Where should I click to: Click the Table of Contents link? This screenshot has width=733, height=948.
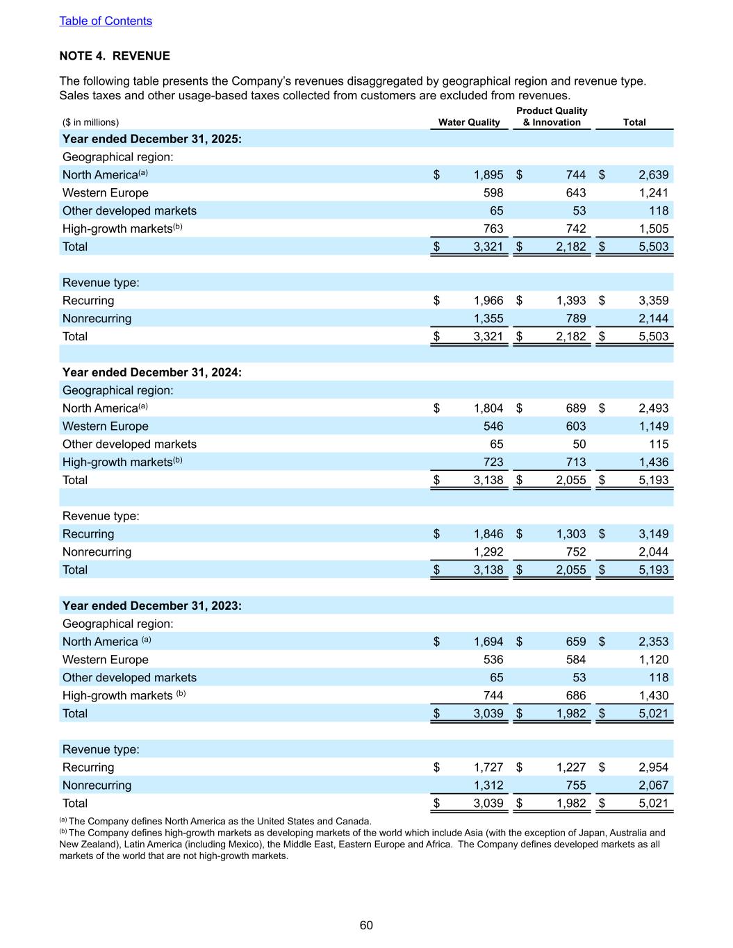pos(106,21)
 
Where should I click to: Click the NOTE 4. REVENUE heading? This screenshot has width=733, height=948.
pos(115,56)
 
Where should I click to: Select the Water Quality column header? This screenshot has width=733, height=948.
pos(469,122)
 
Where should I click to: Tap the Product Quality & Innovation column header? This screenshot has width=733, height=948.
pos(552,117)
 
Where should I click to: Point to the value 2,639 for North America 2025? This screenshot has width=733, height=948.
pos(654,175)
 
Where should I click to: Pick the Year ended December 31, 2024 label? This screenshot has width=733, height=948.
pos(152,372)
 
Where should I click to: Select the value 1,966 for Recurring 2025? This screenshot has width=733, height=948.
pos(488,301)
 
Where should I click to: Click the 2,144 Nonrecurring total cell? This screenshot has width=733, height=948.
pos(654,319)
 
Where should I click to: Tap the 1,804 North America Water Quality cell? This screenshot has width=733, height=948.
pos(488,408)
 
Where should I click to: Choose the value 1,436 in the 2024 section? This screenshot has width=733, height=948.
pos(654,462)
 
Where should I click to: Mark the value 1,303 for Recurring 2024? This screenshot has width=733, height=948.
pos(571,534)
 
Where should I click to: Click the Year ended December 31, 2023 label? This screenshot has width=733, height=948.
pos(152,606)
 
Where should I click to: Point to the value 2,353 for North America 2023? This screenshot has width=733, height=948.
pos(654,642)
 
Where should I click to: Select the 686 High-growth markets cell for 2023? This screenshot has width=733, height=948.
pos(576,695)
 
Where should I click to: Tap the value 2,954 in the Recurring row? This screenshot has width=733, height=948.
pos(654,767)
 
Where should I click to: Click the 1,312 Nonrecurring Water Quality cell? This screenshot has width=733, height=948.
pos(488,785)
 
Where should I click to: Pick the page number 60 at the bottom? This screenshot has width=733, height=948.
pos(366,925)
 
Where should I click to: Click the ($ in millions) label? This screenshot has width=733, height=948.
pos(90,122)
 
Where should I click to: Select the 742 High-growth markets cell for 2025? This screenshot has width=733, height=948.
pos(576,228)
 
